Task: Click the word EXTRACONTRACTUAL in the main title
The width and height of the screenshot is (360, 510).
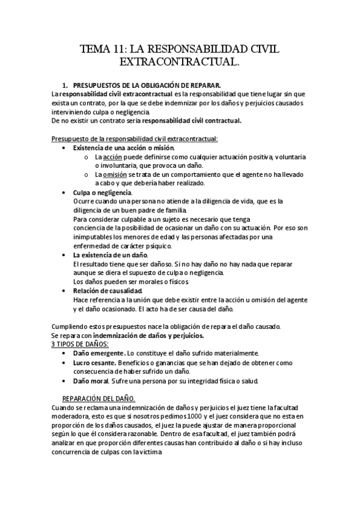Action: tap(178, 62)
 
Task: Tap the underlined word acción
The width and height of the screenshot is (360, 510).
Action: tap(112, 157)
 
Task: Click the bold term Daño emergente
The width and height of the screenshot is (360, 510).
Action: tap(99, 353)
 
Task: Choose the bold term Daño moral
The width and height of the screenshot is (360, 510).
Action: tap(91, 381)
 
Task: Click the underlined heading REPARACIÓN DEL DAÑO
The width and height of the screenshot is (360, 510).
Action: tap(99, 399)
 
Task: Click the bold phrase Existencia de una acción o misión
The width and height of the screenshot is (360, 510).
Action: tap(124, 148)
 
